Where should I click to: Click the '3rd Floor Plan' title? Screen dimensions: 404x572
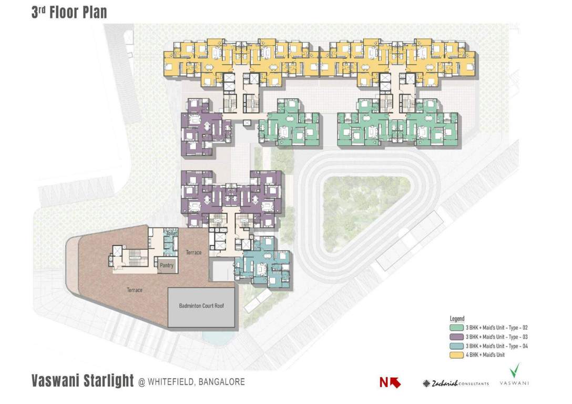coord(69,13)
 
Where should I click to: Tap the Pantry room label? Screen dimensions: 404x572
coord(167,266)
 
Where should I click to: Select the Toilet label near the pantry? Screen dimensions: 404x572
coord(170,234)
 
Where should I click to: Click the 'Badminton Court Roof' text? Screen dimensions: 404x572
coord(201,306)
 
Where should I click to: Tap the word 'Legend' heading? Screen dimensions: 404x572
coord(457,319)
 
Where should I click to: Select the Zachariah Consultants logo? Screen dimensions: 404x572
coord(455,383)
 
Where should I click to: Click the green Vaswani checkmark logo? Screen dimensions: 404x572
coord(515,371)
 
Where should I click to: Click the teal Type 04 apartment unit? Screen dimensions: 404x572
coord(262,263)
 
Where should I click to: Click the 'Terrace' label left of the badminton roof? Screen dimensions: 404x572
coord(134,290)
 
